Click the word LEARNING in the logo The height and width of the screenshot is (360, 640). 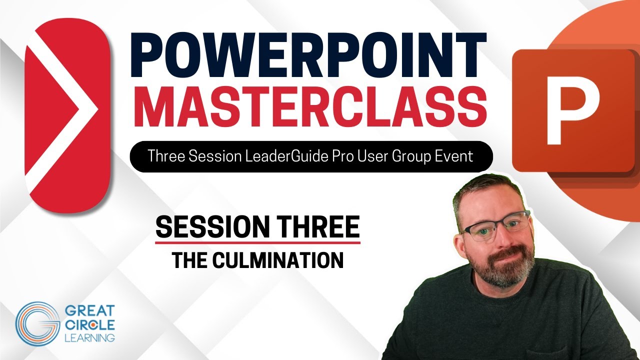click(89, 338)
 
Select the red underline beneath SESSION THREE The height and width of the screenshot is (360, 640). click(257, 243)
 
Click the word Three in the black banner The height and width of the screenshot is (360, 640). click(165, 156)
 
